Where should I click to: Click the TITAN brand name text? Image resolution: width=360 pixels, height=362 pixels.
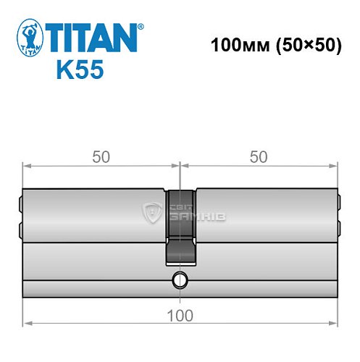[x=93, y=35]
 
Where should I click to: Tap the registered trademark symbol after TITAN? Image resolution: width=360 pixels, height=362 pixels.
[x=140, y=26]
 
